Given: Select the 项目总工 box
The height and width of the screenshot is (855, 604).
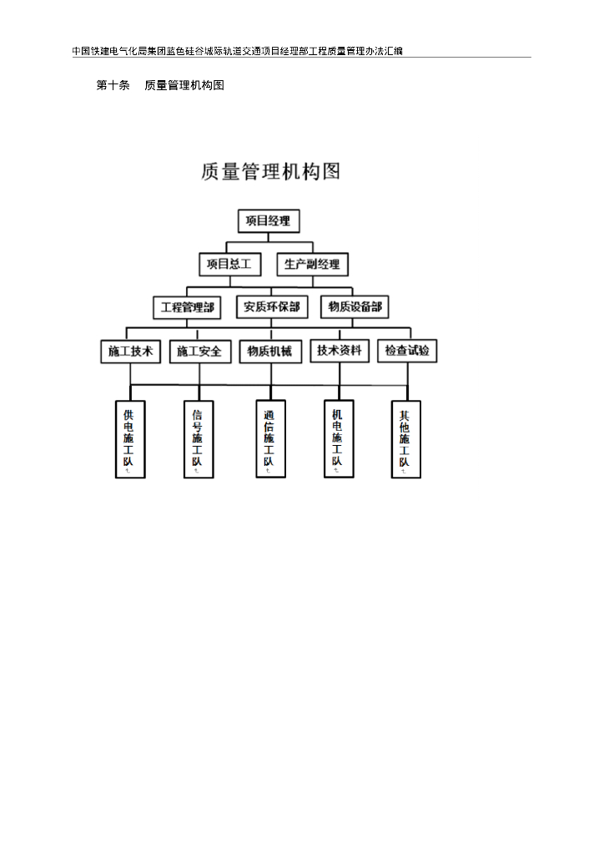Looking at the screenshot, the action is tap(229, 264).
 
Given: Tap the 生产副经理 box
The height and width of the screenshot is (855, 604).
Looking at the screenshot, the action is tap(312, 264).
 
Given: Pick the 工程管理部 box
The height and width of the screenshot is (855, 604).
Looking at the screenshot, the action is tap(188, 307).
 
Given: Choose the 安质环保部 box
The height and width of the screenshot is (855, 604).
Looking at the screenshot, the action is tap(272, 307).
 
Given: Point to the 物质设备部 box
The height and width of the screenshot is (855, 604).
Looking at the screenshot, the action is tap(355, 307).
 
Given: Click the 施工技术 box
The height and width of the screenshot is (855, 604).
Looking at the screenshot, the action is tap(131, 352).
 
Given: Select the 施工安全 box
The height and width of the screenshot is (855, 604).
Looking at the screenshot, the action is tap(199, 352).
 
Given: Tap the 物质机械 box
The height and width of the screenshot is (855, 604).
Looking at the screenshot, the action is tap(269, 352).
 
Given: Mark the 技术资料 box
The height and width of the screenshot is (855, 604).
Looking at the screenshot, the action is tap(340, 351).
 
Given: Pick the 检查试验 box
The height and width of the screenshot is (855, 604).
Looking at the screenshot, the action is tap(407, 352).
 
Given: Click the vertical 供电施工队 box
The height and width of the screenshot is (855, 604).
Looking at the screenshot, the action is tap(130, 439).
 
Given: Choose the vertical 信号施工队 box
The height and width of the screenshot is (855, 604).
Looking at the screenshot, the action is tap(199, 439).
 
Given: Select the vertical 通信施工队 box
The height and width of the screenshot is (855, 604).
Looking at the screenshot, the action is tap(270, 439).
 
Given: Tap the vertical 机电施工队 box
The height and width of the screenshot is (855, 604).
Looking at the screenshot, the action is tap(338, 438).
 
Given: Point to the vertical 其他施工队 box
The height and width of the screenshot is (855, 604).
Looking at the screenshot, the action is tap(406, 439).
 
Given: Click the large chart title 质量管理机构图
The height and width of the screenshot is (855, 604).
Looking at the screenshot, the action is tap(270, 171).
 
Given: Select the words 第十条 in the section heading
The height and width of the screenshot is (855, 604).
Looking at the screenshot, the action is tap(113, 85).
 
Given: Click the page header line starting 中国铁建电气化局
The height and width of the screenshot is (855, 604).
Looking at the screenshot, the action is tap(238, 51).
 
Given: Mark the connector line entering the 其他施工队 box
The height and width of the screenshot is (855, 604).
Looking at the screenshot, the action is tap(407, 392).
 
